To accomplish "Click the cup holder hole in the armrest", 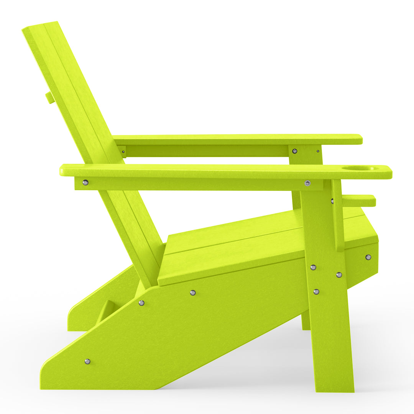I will pyautogui.click(x=360, y=168).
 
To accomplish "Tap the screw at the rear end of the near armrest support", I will pyautogui.click(x=85, y=182).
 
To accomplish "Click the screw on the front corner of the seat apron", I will pyautogui.click(x=368, y=257).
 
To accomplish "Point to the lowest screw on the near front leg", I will pyautogui.click(x=316, y=292).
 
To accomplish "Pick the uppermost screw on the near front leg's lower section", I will pyautogui.click(x=313, y=267).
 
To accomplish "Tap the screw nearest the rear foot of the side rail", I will pyautogui.click(x=87, y=361).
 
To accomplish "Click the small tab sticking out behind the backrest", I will pyautogui.click(x=49, y=97).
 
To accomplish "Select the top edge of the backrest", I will pyautogui.click(x=40, y=25).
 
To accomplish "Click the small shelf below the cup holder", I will pyautogui.click(x=358, y=200).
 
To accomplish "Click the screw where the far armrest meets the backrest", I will pyautogui.click(x=123, y=151).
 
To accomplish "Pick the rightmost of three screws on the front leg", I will pyautogui.click(x=339, y=274).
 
